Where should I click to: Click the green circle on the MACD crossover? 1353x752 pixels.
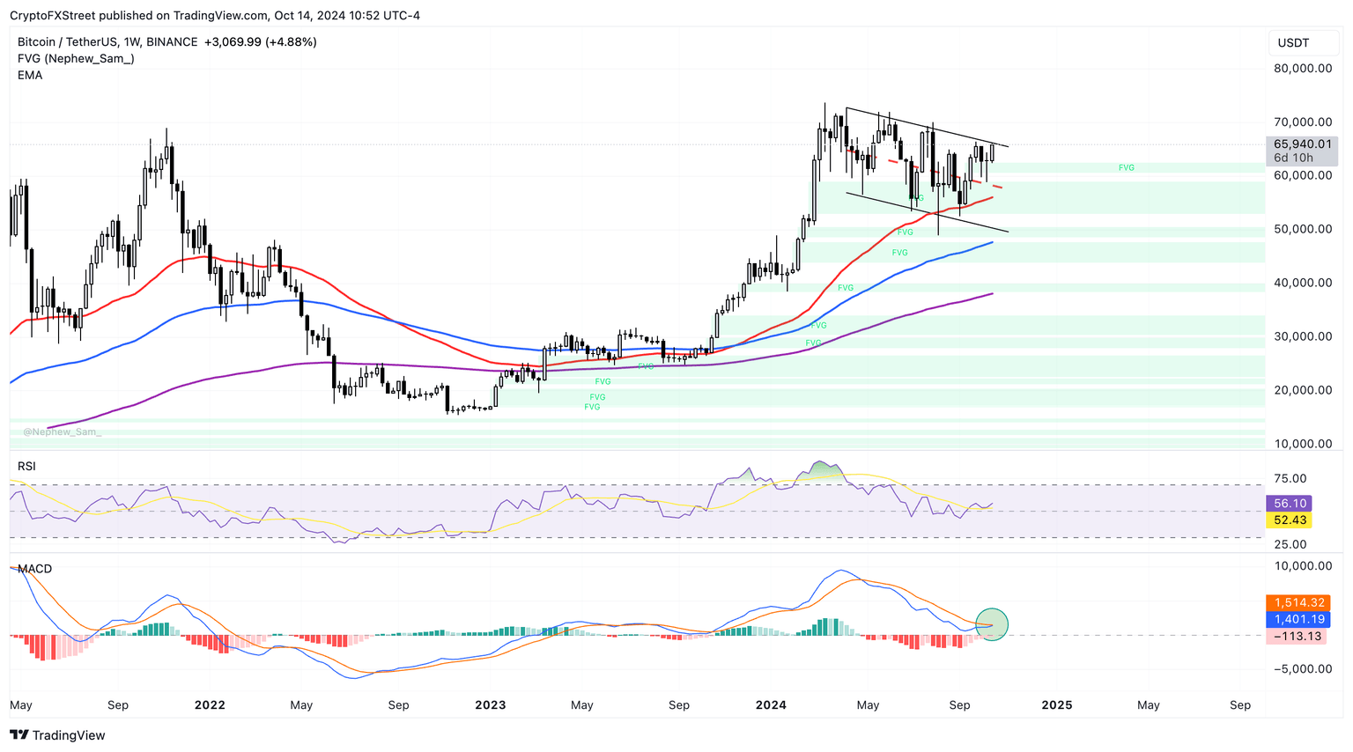coord(993,624)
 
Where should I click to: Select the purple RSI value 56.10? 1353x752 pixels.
coord(1290,504)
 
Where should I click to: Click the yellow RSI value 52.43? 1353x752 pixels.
coord(1290,520)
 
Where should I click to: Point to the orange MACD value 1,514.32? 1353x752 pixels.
coord(1299,603)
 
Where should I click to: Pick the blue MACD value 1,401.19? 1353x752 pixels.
coord(1299,620)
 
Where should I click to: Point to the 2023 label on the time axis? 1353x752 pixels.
coord(491,705)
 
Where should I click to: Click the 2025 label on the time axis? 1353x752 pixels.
coord(1057,705)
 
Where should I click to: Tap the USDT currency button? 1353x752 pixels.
coord(1293,43)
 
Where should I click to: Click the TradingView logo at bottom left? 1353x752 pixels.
coord(57,735)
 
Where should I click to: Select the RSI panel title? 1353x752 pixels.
coord(26,466)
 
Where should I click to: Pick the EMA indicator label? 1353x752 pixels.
coord(30,76)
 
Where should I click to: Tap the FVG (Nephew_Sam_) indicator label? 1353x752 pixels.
coord(76,59)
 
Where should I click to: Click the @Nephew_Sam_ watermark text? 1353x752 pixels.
coord(62,432)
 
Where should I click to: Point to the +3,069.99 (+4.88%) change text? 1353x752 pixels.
coord(260,42)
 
